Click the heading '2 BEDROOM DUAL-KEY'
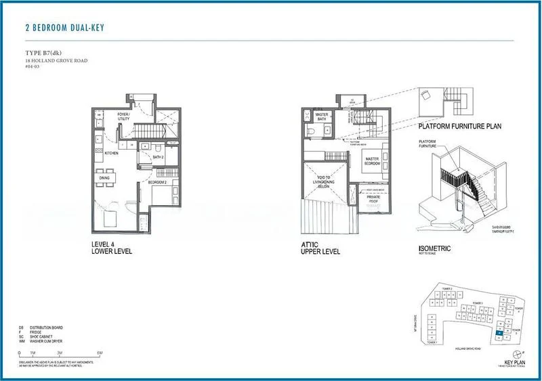click(x=64, y=28)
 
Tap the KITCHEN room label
click(x=112, y=154)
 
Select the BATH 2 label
click(x=158, y=157)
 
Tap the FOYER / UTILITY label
click(x=123, y=116)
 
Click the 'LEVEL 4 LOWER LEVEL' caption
click(x=111, y=248)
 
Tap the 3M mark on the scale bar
click(x=60, y=354)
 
